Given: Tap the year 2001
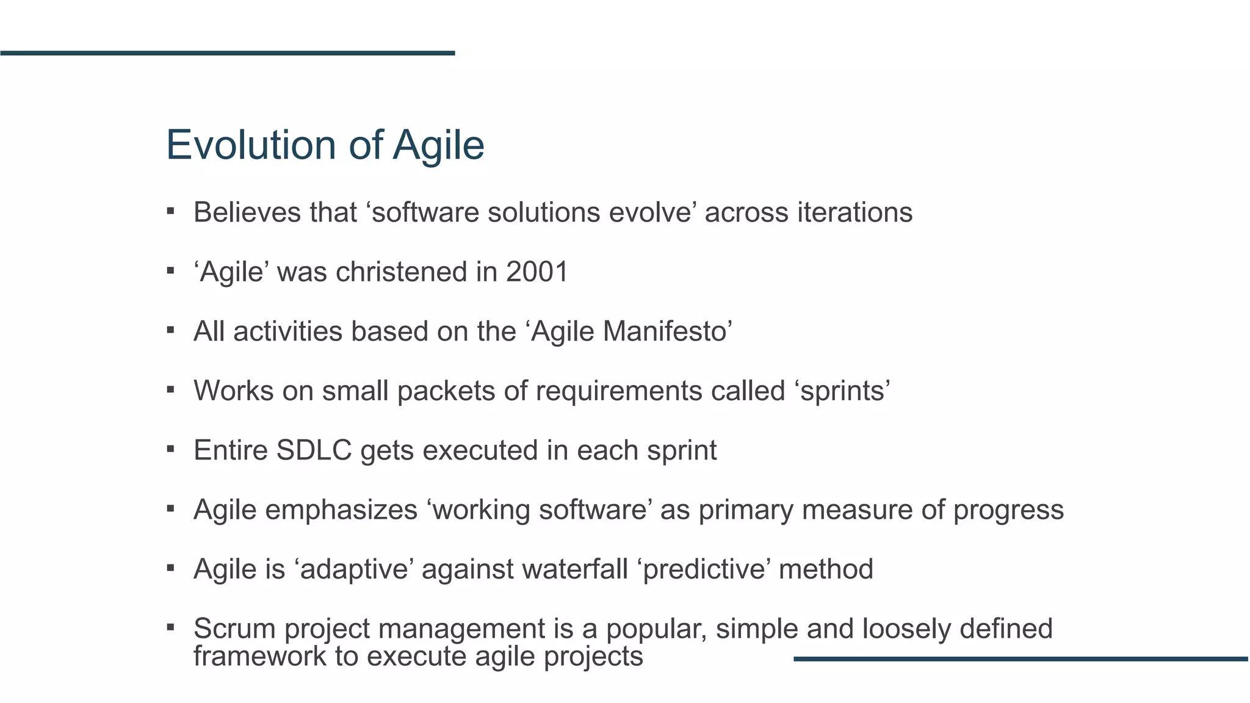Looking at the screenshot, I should (537, 272).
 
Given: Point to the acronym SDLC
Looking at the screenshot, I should (314, 451).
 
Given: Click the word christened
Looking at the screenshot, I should (402, 272).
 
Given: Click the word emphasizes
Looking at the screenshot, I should (341, 510).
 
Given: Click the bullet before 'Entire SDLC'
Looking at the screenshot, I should (171, 449).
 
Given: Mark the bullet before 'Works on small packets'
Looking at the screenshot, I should (171, 389).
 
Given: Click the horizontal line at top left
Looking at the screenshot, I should (227, 53).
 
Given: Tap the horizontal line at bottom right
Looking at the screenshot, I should (1021, 659).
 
